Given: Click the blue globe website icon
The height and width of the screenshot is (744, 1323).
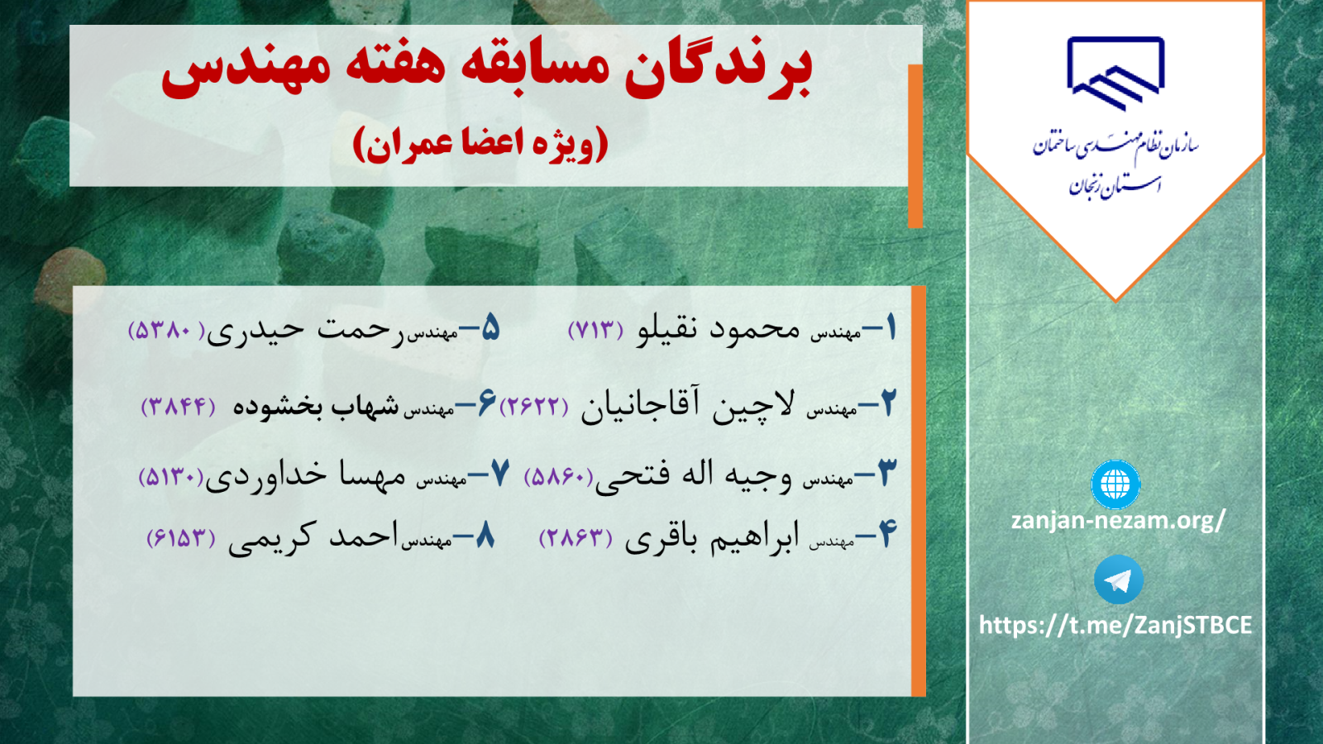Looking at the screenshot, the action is (x=1115, y=484).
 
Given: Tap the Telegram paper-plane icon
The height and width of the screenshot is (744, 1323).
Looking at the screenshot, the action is (x=1118, y=579).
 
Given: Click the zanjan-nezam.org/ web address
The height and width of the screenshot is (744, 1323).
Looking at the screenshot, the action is (x=1118, y=521).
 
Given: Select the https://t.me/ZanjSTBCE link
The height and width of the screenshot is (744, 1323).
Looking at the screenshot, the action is (x=1115, y=625).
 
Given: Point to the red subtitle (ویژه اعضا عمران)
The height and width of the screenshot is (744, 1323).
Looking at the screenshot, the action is (x=480, y=145).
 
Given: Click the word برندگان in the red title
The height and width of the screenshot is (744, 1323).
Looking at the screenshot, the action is (x=719, y=69).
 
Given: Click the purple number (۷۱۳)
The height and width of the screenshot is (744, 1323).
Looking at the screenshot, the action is (x=595, y=330).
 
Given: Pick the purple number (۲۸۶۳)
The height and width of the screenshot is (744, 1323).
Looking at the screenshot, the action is (x=576, y=537).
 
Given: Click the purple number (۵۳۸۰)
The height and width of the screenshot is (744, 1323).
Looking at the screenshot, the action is (x=166, y=330).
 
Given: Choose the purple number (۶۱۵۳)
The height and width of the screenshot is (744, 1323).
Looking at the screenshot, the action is (x=181, y=537).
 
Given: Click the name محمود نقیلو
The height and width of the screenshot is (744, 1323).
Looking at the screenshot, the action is (x=718, y=330).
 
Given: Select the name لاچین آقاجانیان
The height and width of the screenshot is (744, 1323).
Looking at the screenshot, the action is (x=688, y=405).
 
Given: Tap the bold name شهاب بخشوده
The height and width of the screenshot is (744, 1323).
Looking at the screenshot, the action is (x=316, y=406).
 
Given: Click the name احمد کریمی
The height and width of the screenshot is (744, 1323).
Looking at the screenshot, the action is (x=313, y=537).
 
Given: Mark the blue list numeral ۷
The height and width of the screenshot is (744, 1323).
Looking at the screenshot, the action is (x=499, y=473).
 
